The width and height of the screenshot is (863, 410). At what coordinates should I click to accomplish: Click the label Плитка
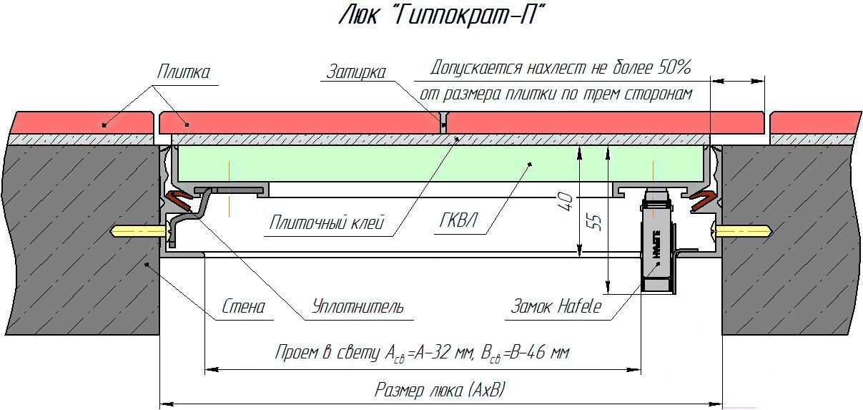coord(184,72)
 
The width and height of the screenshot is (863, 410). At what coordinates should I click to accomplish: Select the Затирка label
coord(355,72)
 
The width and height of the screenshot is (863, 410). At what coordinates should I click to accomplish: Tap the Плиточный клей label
coord(326,223)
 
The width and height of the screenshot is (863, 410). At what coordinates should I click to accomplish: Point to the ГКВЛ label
coord(458,220)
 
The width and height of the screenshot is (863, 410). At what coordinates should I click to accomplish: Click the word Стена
coord(243,307)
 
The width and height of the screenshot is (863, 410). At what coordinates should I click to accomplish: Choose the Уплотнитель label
coord(357,307)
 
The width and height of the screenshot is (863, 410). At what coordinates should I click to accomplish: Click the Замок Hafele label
coord(556,307)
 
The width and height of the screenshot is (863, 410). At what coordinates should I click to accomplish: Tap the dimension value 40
coord(565,202)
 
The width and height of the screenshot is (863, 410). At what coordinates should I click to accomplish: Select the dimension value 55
coord(596,222)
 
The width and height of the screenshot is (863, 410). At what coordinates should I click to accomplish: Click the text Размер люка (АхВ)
coord(440,390)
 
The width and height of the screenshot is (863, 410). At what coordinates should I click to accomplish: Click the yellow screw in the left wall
coord(142,231)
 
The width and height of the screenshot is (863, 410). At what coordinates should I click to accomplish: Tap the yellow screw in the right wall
coord(743,231)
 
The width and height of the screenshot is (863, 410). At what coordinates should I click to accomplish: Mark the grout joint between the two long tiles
coord(443,123)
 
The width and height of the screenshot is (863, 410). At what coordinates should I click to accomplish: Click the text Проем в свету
coord(328,353)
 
